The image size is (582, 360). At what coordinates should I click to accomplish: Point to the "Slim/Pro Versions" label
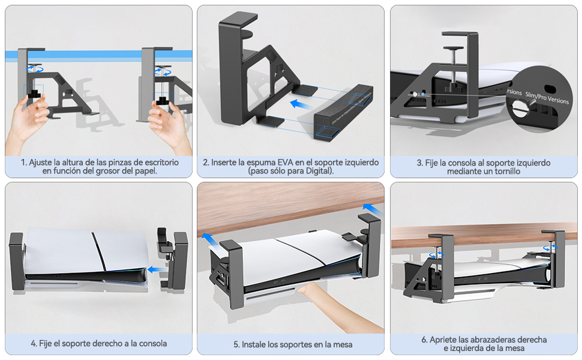(x=547, y=98)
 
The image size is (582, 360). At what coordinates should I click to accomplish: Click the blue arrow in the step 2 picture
(x=304, y=103)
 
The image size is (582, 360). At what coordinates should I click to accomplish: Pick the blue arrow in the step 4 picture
(x=154, y=269)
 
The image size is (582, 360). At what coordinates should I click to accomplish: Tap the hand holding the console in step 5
(x=317, y=296)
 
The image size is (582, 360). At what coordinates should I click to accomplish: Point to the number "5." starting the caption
(x=236, y=344)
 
